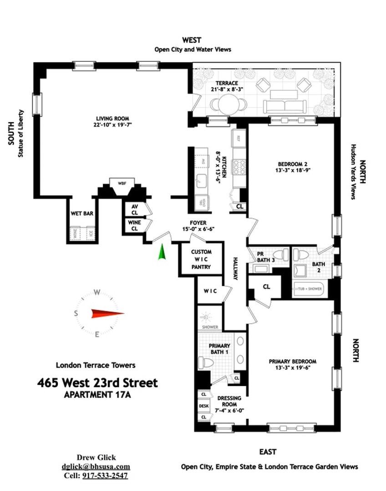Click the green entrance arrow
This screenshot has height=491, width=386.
(161, 253)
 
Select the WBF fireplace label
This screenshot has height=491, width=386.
(122, 184)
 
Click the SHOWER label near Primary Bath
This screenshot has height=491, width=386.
(209, 327)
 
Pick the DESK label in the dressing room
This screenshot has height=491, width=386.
(203, 406)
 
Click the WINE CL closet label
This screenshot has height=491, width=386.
(134, 225)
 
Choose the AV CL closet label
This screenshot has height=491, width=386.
(134, 209)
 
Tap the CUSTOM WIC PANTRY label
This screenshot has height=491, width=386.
(201, 259)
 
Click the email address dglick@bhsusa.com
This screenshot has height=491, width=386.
(96, 466)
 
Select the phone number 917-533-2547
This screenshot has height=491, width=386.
(105, 476)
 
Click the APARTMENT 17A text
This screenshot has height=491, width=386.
(98, 395)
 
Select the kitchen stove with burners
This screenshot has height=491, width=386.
(238, 166)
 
